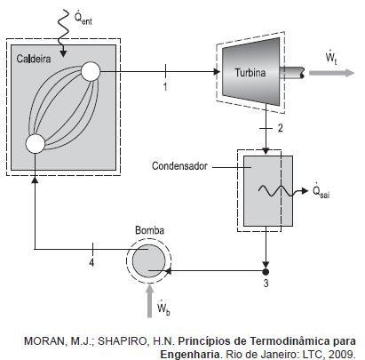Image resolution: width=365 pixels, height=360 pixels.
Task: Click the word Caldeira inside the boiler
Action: point(34,59)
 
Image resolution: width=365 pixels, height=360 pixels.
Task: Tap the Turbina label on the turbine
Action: point(250,73)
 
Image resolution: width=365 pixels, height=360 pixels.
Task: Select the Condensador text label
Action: point(179,166)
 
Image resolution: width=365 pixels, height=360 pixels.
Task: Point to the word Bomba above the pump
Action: point(149,230)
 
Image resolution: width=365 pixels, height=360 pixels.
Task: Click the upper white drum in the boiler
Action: point(91,71)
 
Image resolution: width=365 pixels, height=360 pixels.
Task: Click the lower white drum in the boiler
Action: point(36,144)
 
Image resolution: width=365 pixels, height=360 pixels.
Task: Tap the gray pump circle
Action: point(148,261)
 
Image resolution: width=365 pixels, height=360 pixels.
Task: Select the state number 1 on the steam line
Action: point(165,87)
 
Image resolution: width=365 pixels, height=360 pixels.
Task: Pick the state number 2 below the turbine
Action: point(280,128)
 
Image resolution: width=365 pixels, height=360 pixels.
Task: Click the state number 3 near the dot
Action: point(266,283)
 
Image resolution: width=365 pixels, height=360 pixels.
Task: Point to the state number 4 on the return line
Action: point(91,262)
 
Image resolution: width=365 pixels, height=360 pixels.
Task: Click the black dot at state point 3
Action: point(266,271)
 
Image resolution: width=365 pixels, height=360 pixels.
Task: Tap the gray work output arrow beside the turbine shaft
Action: point(331,73)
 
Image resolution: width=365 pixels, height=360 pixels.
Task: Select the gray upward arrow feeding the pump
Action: point(149,300)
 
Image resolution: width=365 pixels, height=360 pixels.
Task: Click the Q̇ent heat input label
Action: point(83,18)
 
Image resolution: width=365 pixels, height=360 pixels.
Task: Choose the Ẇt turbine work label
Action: point(331,58)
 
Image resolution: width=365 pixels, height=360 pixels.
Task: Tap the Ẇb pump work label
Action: point(163,308)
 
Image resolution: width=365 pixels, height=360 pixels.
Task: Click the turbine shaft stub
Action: point(292,73)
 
